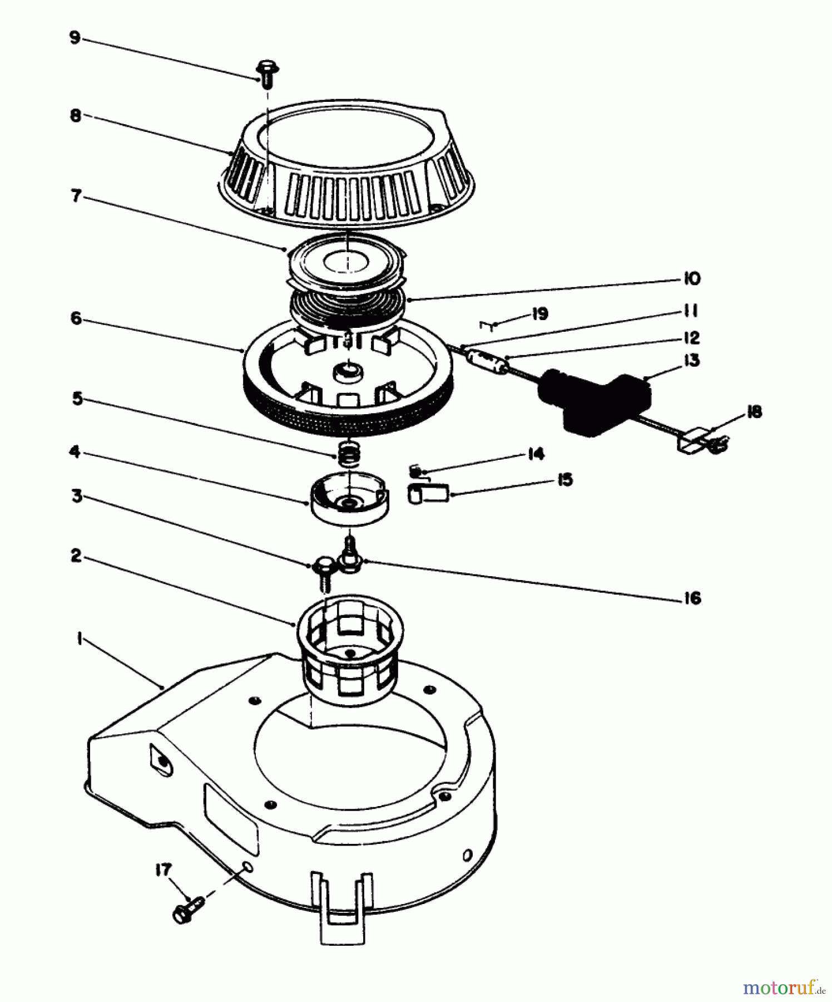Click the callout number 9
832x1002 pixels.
[x=75, y=37]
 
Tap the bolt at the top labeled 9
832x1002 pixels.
[x=267, y=74]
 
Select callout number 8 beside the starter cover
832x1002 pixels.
[x=75, y=115]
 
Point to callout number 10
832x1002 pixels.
[x=691, y=278]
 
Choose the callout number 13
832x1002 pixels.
[x=691, y=361]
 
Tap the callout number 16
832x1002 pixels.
[x=692, y=598]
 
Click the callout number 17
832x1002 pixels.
[x=163, y=870]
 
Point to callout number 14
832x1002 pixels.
[x=535, y=454]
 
